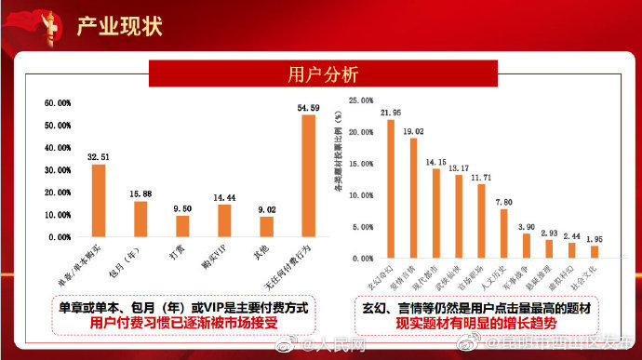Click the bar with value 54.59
point(309,175)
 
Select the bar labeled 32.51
point(98,200)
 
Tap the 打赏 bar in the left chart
point(182,226)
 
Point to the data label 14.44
point(224,198)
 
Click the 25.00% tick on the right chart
point(360,100)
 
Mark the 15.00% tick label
point(360,163)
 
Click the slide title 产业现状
point(119,25)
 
